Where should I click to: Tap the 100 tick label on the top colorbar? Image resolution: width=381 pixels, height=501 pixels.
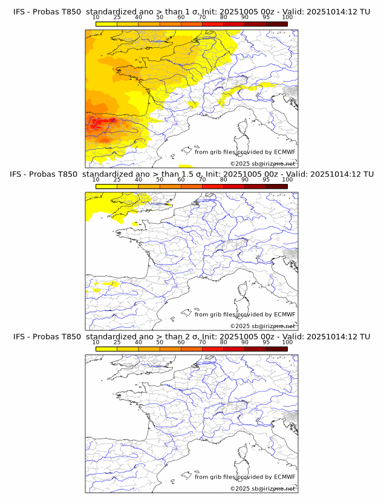[287, 17]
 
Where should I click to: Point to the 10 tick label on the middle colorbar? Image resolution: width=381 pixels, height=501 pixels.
[96, 180]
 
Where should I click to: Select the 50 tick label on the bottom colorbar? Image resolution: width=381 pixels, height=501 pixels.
[160, 342]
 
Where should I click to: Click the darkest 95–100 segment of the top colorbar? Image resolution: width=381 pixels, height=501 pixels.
[276, 24]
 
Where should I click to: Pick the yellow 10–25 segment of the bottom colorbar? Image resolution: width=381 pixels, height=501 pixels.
[106, 349]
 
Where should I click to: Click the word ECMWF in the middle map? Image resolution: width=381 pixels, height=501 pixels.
[284, 315]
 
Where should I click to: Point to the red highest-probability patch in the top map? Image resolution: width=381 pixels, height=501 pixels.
[97, 125]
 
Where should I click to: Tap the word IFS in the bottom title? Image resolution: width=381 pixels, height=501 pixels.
[19, 337]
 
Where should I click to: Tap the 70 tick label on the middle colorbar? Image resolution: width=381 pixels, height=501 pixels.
[202, 180]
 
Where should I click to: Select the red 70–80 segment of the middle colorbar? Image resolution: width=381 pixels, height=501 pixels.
[213, 186]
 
